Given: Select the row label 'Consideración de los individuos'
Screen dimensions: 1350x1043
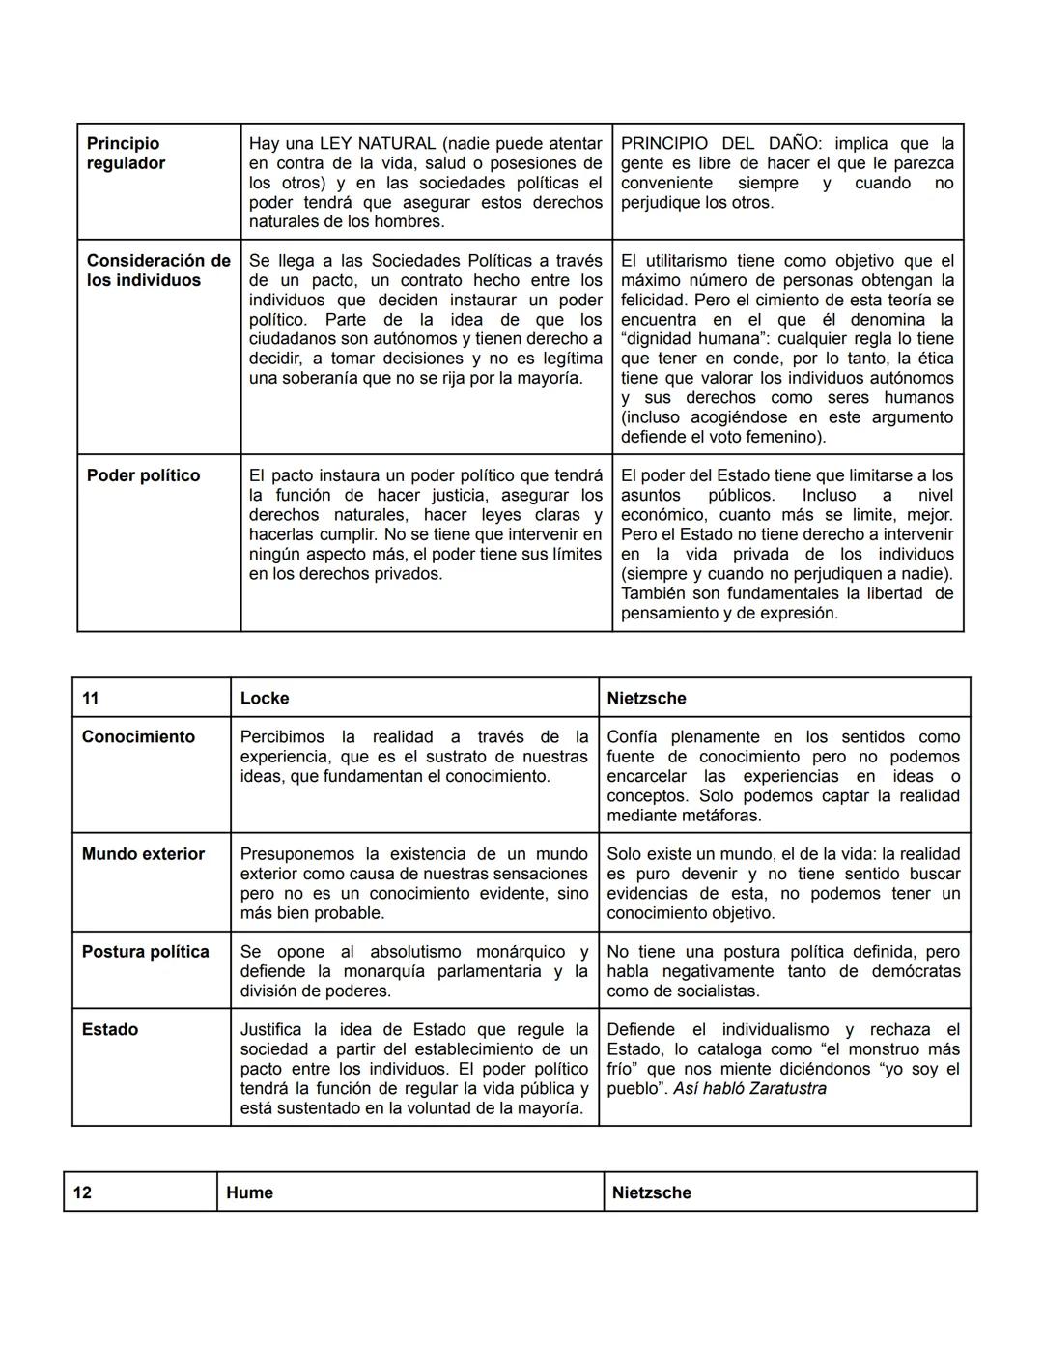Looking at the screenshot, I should tap(158, 271).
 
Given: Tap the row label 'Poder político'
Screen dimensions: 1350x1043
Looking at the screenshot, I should tap(143, 475).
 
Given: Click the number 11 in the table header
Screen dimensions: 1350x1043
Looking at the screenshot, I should tap(90, 699).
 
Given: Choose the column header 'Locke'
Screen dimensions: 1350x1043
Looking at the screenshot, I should tap(265, 699).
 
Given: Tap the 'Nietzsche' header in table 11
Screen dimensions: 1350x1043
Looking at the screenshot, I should tap(646, 699).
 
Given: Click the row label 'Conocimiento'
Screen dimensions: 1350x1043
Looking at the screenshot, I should tap(138, 737).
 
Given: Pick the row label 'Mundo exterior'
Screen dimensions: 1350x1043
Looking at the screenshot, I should tap(143, 854).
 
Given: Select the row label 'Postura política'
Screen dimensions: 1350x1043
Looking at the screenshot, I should tap(145, 952).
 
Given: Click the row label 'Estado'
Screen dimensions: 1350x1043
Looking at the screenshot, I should tap(110, 1030).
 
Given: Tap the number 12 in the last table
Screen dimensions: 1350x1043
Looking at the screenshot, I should tap(82, 1192).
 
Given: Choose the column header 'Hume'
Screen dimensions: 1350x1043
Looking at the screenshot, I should tap(249, 1192).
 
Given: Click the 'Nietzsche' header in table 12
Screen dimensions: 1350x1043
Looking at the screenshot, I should tap(652, 1192).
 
